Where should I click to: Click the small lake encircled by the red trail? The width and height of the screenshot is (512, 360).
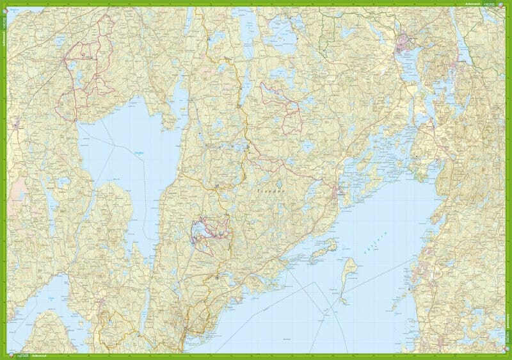(x=200, y=229)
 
